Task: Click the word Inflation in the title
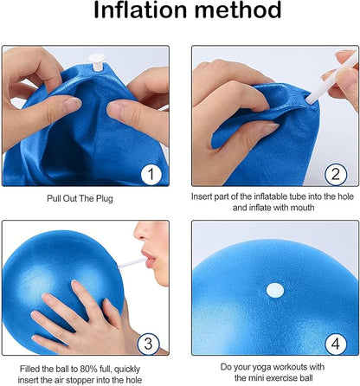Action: click(140, 10)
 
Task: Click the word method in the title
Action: click(237, 10)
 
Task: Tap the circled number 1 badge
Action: click(151, 174)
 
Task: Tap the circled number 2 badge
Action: click(335, 174)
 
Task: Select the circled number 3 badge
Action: click(148, 344)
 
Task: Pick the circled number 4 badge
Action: click(336, 344)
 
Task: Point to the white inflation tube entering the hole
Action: click(331, 78)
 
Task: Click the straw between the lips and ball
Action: click(132, 263)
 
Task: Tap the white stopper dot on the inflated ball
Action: click(275, 290)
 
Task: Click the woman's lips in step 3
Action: click(149, 259)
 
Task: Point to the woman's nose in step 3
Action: click(143, 231)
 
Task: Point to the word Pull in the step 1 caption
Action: click(54, 198)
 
